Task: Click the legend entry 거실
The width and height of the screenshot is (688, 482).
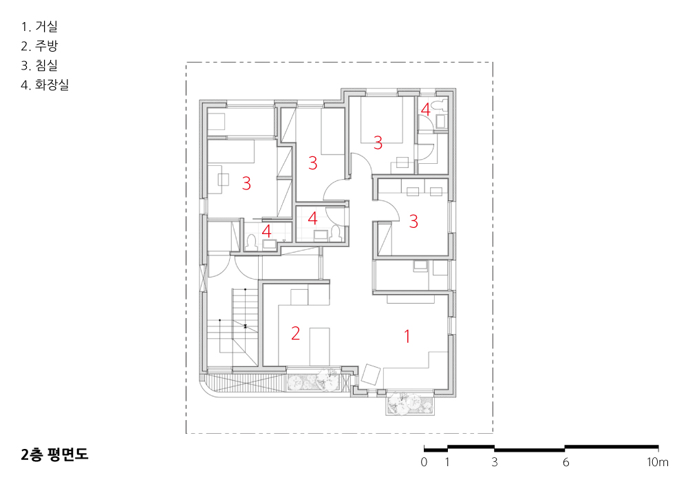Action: click(x=46, y=26)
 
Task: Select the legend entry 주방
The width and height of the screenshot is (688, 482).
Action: click(x=46, y=45)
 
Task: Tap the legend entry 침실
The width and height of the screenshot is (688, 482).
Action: click(x=46, y=65)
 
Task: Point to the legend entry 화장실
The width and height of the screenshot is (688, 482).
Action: click(x=52, y=84)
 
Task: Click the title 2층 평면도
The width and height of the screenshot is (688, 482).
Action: click(x=54, y=454)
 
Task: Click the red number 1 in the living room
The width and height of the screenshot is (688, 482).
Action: click(x=407, y=337)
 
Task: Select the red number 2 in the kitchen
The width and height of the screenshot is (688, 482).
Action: click(x=295, y=333)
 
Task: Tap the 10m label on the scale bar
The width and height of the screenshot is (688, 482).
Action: click(x=657, y=462)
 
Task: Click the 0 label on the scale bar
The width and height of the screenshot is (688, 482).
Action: click(x=424, y=462)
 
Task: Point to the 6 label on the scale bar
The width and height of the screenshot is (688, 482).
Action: click(x=566, y=462)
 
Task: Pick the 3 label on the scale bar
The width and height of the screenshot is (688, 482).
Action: click(x=495, y=462)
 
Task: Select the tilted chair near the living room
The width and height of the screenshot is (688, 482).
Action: click(x=372, y=375)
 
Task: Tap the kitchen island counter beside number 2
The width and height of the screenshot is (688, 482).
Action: click(x=320, y=347)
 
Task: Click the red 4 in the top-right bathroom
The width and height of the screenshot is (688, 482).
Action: click(x=425, y=109)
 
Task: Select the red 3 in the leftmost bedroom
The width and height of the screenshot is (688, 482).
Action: click(x=246, y=183)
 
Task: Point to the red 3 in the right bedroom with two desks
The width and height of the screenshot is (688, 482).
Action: click(x=413, y=221)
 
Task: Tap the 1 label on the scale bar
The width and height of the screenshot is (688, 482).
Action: click(x=447, y=462)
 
